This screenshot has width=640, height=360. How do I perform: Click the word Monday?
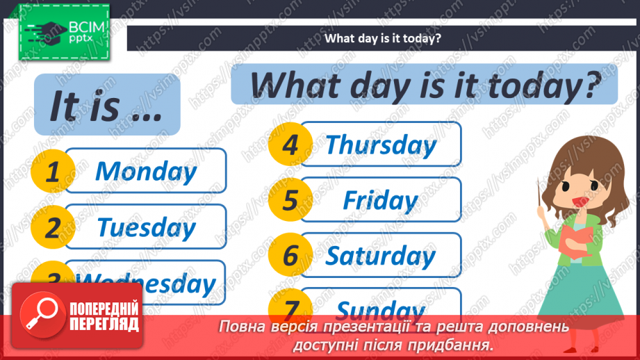[x=146, y=171]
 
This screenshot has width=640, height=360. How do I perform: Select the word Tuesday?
[x=146, y=227]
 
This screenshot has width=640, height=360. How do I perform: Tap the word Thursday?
[x=381, y=145]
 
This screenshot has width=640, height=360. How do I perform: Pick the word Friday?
[x=381, y=201]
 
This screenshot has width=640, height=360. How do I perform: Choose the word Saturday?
[x=381, y=256]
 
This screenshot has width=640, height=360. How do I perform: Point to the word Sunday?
[x=381, y=309]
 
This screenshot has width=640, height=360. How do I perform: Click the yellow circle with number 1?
[x=52, y=172]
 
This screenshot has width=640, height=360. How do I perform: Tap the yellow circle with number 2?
[x=52, y=228]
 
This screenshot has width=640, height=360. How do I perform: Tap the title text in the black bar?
[x=383, y=38]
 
